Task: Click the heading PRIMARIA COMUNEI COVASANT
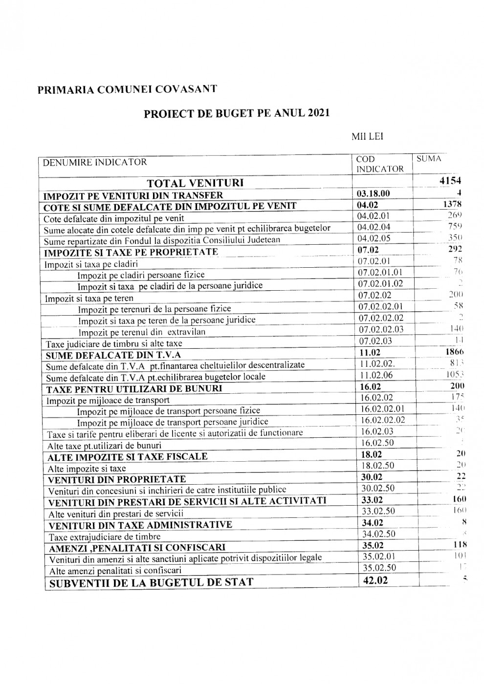click(x=127, y=89)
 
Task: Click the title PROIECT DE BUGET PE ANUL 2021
click(x=237, y=113)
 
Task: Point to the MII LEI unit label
click(x=367, y=137)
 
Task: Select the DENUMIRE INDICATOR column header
click(x=95, y=162)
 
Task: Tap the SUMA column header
click(x=429, y=159)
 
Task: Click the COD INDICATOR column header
click(x=380, y=164)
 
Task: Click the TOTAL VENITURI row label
click(x=196, y=183)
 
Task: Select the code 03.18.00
click(x=374, y=193)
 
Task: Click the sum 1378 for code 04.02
click(x=452, y=204)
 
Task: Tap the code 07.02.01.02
click(x=381, y=284)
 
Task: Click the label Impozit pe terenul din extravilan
click(x=142, y=332)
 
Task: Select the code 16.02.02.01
click(x=383, y=409)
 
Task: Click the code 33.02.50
click(x=378, y=511)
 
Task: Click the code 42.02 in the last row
click(x=375, y=580)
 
